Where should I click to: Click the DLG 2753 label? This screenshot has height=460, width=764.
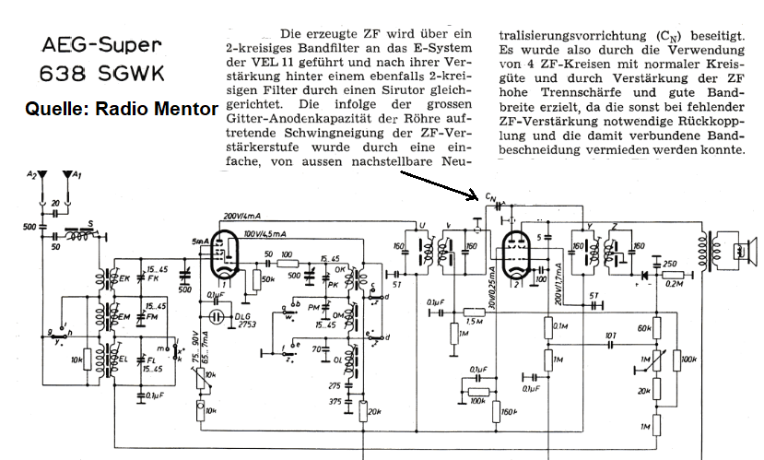pos(242,320)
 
